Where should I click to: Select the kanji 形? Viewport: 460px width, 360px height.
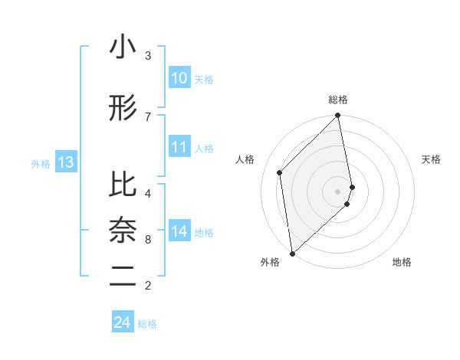123,110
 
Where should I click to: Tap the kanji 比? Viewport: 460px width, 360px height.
123,185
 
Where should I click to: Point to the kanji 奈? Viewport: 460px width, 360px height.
123,231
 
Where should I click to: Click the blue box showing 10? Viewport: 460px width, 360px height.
179,77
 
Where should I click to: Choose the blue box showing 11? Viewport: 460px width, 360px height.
179,147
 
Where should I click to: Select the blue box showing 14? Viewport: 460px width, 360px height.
179,231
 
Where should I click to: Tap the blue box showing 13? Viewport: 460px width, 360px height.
66,162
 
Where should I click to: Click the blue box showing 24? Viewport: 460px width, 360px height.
123,322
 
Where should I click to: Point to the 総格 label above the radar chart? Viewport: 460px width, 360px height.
338,100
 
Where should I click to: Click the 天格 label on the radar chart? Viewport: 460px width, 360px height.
432,159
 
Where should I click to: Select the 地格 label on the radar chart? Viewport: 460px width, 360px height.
402,262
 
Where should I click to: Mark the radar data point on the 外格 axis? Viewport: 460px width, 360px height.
291,253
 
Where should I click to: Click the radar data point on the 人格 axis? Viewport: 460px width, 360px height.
280,172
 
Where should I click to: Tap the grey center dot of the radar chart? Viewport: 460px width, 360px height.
338,191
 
